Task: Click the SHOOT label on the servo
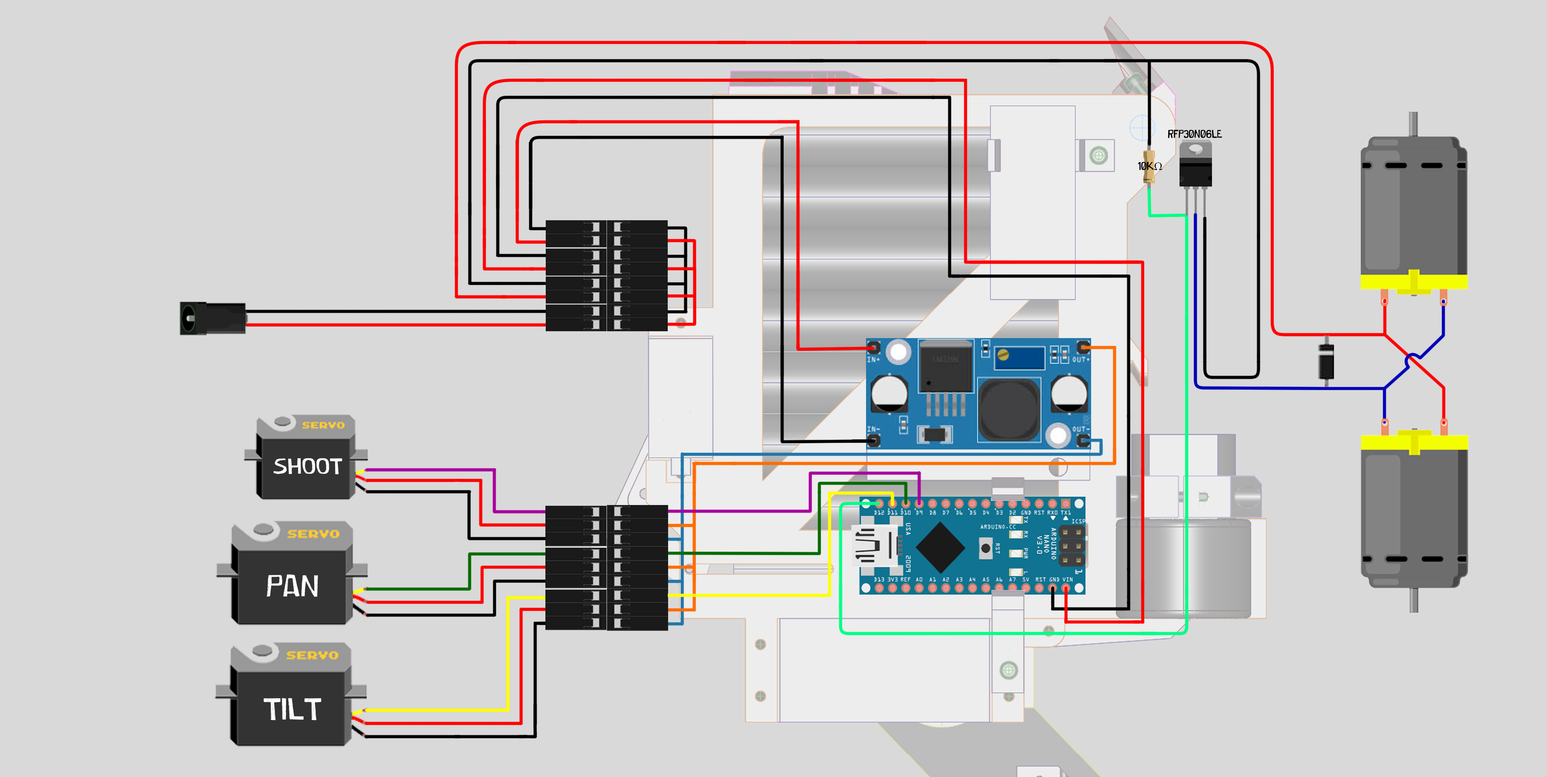307,467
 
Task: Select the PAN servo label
292,586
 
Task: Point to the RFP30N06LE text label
1194,134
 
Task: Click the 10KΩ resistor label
1149,166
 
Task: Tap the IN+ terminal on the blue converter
874,348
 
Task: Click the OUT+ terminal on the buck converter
1083,348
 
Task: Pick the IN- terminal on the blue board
874,440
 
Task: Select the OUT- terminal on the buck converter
1083,440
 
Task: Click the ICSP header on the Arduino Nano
1071,547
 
